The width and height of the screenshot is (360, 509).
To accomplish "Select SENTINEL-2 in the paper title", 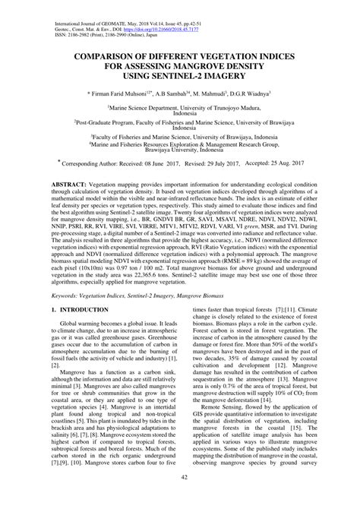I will pyautogui.click(x=202, y=77).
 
